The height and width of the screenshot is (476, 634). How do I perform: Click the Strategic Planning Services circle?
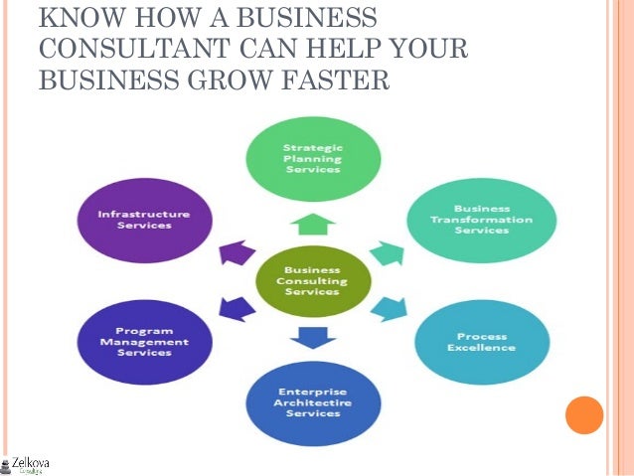[312, 158]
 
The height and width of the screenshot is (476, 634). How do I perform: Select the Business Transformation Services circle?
[481, 221]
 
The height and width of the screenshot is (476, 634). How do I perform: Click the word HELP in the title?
[341, 48]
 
